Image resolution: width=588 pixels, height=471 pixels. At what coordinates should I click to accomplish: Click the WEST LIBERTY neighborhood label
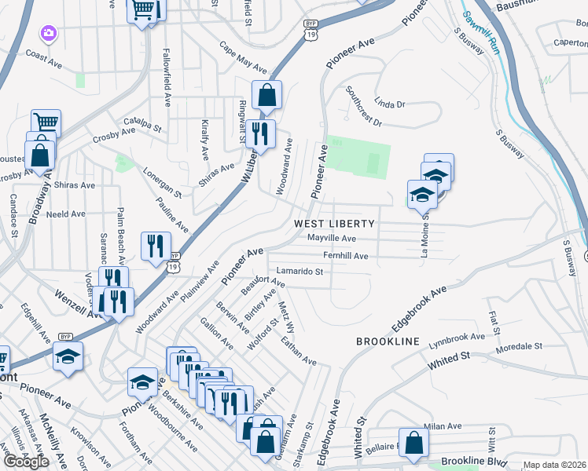pyautogui.click(x=334, y=224)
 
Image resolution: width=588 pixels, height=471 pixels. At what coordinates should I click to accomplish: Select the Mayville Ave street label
pyautogui.click(x=332, y=238)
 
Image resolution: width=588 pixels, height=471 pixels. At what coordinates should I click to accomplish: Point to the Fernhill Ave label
pyautogui.click(x=345, y=255)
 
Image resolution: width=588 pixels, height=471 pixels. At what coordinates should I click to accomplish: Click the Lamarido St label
pyautogui.click(x=300, y=272)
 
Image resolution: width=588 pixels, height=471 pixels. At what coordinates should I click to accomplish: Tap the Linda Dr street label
pyautogui.click(x=389, y=104)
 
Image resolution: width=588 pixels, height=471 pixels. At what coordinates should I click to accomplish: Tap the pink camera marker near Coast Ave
pyautogui.click(x=49, y=33)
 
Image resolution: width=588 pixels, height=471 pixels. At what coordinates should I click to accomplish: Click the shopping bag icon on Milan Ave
pyautogui.click(x=413, y=442)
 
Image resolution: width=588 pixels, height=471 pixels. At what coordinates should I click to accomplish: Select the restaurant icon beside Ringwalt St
pyautogui.click(x=260, y=133)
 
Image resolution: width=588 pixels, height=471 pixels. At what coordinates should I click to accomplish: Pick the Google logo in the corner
pyautogui.click(x=26, y=462)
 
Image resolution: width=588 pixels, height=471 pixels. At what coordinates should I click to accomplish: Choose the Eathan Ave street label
pyautogui.click(x=298, y=351)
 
